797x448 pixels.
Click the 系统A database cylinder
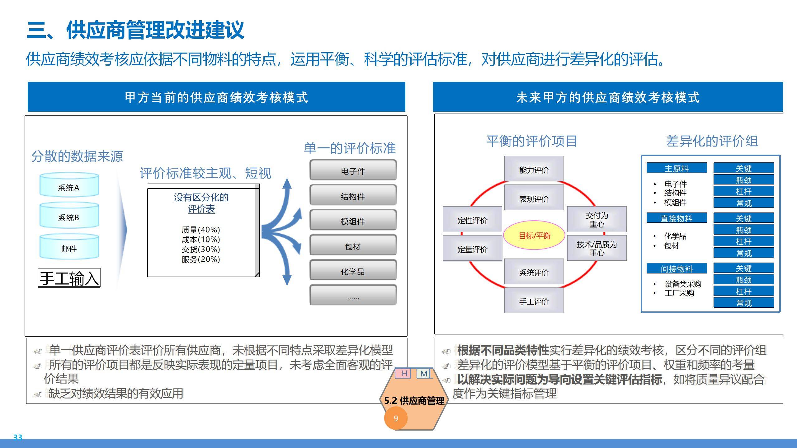(x=69, y=186)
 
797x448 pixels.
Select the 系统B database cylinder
(x=69, y=216)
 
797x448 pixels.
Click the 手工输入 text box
(x=69, y=278)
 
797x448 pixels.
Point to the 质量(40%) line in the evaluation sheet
(x=201, y=230)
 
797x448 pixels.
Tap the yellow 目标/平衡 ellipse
(x=534, y=236)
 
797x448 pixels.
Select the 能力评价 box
(x=534, y=170)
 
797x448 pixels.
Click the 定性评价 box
(x=472, y=220)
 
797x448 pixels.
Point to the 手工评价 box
(x=534, y=301)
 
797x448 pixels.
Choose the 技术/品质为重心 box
(x=597, y=248)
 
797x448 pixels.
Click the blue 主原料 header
(x=677, y=168)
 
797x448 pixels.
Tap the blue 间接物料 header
(x=677, y=268)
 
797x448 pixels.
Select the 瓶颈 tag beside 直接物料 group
(x=743, y=230)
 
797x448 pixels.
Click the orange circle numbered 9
(x=396, y=418)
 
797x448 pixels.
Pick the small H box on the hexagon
(x=404, y=373)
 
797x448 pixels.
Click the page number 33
(x=18, y=437)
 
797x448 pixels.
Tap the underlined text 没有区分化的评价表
(x=201, y=203)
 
